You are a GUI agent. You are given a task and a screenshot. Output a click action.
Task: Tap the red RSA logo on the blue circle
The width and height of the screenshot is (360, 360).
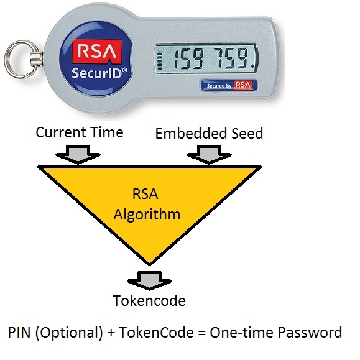(97, 51)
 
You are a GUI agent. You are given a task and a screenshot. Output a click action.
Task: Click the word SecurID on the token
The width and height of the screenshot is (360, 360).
(97, 73)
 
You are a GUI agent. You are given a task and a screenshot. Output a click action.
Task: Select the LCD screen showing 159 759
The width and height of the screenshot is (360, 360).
(206, 58)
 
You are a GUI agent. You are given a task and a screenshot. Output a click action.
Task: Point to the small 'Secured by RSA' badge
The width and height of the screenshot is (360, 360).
(229, 85)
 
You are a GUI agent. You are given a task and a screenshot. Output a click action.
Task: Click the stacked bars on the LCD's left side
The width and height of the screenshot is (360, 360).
(160, 61)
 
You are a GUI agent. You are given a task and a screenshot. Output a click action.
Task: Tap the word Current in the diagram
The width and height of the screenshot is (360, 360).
(61, 132)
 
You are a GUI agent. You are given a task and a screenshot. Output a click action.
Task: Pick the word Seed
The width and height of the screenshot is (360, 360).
(247, 134)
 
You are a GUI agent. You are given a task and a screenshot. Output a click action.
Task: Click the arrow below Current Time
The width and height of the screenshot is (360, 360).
(78, 154)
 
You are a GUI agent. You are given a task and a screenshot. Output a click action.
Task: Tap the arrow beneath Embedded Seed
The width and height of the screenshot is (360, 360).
(209, 154)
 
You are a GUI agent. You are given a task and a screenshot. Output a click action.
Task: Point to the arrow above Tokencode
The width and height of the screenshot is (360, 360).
(149, 280)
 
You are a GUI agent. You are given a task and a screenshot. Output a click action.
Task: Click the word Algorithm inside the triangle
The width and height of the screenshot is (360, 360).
(147, 215)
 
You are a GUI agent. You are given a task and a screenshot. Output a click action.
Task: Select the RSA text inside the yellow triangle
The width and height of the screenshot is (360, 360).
(145, 194)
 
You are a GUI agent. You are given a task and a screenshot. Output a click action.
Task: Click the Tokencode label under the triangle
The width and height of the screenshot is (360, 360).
(149, 301)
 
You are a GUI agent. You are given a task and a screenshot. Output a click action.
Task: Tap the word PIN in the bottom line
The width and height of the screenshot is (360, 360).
(19, 332)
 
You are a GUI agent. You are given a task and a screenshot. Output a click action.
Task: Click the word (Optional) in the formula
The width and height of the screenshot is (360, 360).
(69, 333)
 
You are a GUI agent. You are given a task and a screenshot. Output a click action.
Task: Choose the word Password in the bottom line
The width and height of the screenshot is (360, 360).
(310, 332)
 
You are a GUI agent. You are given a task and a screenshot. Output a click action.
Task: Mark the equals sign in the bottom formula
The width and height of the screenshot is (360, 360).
(201, 333)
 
